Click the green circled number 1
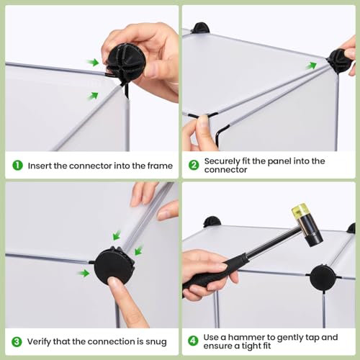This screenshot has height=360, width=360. pos(17,166)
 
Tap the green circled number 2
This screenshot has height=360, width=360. pos(194,165)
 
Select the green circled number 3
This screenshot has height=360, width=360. pos(17,342)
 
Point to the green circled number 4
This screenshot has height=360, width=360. pos(193,341)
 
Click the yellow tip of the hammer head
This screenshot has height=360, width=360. pos(299,210)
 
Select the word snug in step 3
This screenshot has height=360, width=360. pos(156,342)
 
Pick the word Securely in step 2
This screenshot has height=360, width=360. pos(222,161)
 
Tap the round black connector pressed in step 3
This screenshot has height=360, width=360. pos(114,264)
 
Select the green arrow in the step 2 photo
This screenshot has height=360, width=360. pos(311,66)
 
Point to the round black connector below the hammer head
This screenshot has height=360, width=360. pos(323,277)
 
